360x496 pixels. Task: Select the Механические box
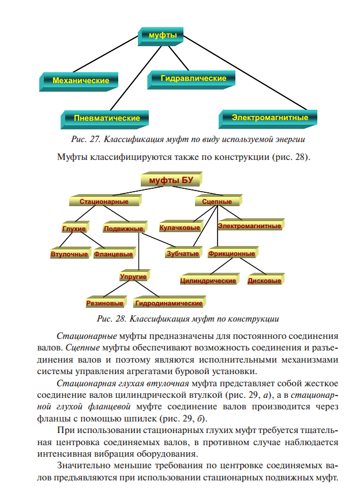(81, 80)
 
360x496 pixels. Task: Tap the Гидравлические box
(193, 77)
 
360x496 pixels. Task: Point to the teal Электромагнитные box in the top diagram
(269, 117)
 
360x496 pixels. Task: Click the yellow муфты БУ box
(171, 180)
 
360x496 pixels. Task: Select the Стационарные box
(104, 202)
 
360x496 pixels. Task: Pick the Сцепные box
(217, 202)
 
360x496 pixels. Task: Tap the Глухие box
(74, 229)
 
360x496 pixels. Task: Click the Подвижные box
(123, 229)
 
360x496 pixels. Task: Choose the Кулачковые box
(179, 228)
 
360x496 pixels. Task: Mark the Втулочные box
(69, 253)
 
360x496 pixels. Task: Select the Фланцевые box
(113, 253)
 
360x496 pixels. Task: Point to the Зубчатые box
(182, 253)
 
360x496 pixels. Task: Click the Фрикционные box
(232, 253)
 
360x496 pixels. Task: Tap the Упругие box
(133, 277)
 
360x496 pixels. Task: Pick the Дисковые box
(264, 281)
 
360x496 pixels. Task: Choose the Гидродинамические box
(168, 303)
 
